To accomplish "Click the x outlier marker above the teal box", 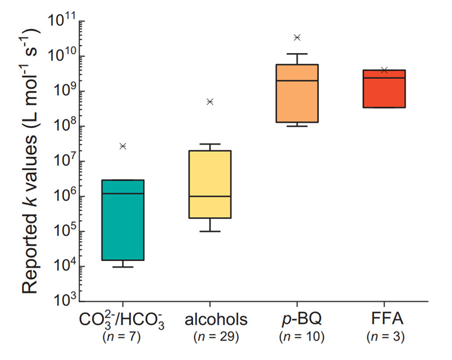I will click(123, 146).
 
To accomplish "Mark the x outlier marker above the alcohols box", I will click(210, 101).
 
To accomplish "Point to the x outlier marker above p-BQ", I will click(297, 37).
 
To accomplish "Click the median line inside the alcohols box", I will click(210, 196).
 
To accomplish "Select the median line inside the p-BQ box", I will click(297, 81).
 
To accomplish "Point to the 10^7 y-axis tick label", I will click(63, 161).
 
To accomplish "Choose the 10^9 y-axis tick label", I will click(63, 91).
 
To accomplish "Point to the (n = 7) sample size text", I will click(122, 337).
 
